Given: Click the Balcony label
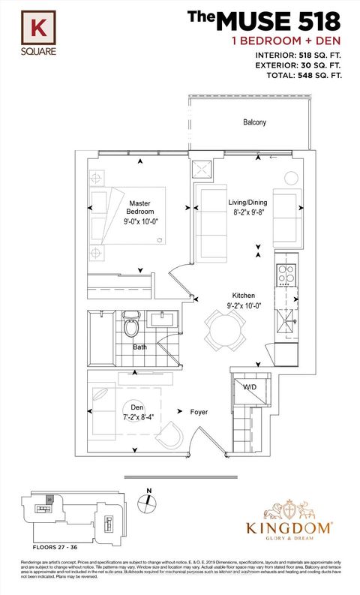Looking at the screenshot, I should pos(255,122).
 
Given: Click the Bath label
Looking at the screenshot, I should pos(139,347).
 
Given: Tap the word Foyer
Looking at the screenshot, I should pos(199,412).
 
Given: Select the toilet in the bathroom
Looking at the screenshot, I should pos(132,326).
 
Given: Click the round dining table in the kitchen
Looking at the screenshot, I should pos(223,328).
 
